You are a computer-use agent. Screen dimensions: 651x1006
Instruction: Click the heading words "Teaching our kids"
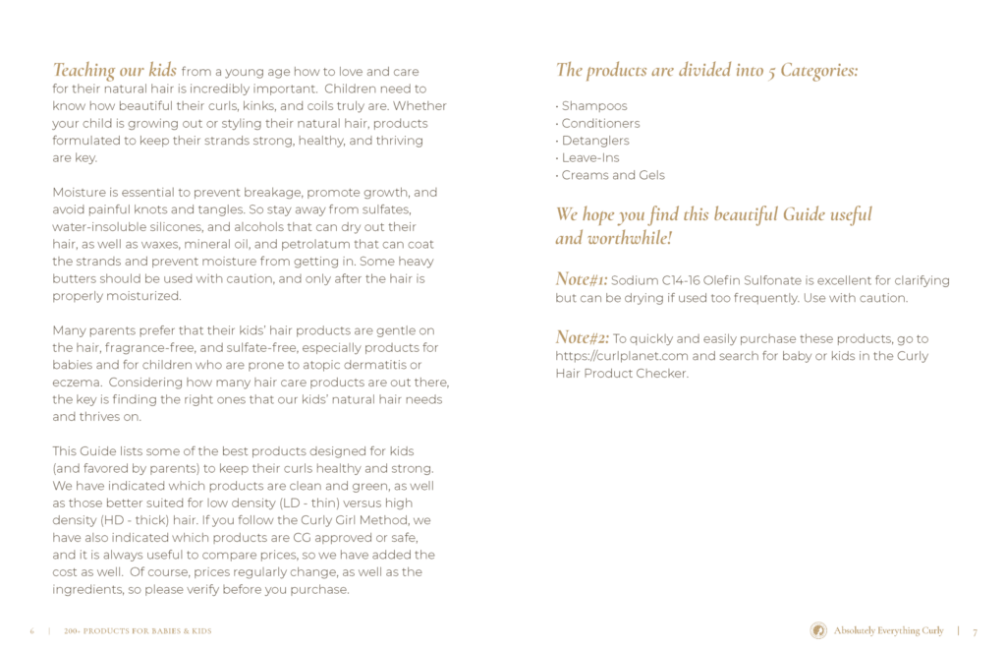114,71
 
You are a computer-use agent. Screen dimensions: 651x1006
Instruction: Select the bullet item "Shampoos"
593,106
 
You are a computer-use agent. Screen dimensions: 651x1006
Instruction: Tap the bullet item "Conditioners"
600,124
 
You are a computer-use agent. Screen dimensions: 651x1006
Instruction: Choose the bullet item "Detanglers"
595,141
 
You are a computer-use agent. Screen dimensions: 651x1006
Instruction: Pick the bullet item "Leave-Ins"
589,158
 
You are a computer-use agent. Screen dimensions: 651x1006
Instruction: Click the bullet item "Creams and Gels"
612,175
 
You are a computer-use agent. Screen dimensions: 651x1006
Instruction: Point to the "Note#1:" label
582,280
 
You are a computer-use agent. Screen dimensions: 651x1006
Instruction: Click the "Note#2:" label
583,338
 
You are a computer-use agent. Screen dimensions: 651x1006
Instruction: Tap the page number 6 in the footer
32,631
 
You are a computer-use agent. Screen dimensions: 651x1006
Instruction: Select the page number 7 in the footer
975,631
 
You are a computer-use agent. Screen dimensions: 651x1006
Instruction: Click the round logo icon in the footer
817,630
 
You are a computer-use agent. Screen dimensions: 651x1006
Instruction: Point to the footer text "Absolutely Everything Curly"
888,631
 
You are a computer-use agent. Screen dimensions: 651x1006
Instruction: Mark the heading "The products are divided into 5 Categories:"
706,71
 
